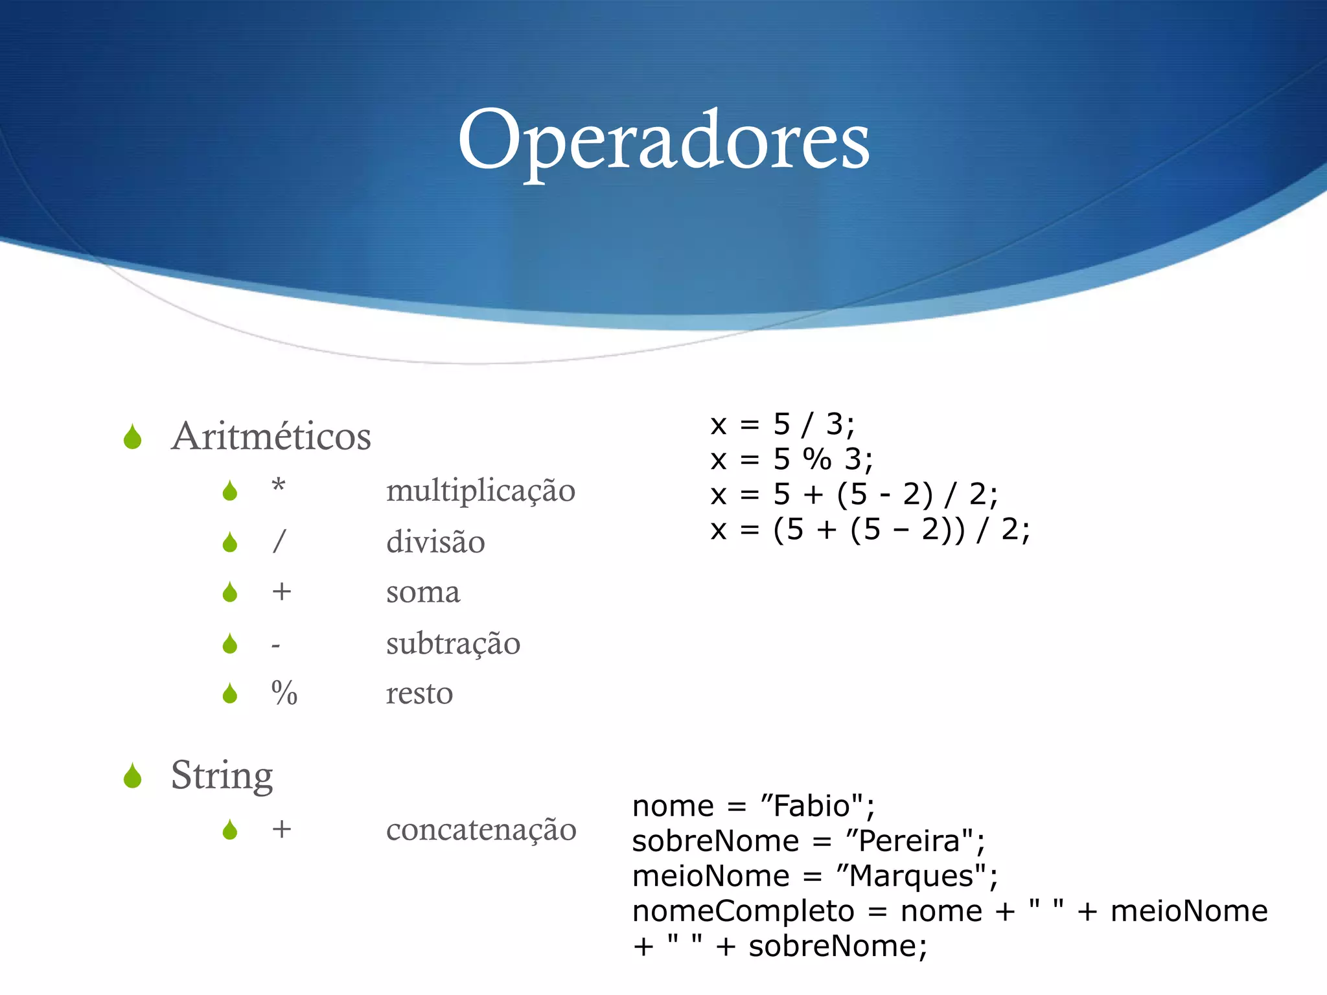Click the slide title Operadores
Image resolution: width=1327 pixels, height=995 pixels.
pyautogui.click(x=663, y=141)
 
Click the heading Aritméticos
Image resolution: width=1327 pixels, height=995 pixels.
pyautogui.click(x=271, y=436)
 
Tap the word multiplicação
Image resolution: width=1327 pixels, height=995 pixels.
pyautogui.click(x=480, y=490)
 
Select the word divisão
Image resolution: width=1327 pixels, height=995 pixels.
pyautogui.click(x=435, y=542)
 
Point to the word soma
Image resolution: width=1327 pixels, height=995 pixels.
pyautogui.click(x=423, y=592)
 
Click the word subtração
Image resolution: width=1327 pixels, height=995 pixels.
pyautogui.click(x=453, y=643)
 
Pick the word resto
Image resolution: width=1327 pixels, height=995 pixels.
pyautogui.click(x=419, y=694)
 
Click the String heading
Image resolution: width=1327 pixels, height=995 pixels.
pyautogui.click(x=222, y=775)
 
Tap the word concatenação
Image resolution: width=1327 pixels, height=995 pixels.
pyautogui.click(x=481, y=830)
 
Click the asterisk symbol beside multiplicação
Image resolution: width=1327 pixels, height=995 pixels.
pyautogui.click(x=279, y=485)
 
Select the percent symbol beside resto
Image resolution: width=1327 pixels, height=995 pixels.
pyautogui.click(x=284, y=693)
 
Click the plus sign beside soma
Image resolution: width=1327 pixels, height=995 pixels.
pyautogui.click(x=281, y=591)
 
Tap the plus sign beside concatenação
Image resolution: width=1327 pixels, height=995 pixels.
pyautogui.click(x=281, y=829)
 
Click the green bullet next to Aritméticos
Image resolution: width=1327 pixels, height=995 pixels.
pyautogui.click(x=133, y=437)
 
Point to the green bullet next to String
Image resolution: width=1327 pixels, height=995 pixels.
pyautogui.click(x=133, y=776)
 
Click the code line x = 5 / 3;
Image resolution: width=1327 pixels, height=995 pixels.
pyautogui.click(x=782, y=425)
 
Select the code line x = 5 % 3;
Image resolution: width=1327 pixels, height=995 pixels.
pyautogui.click(x=791, y=460)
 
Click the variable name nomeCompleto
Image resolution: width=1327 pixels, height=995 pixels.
pyautogui.click(x=743, y=911)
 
